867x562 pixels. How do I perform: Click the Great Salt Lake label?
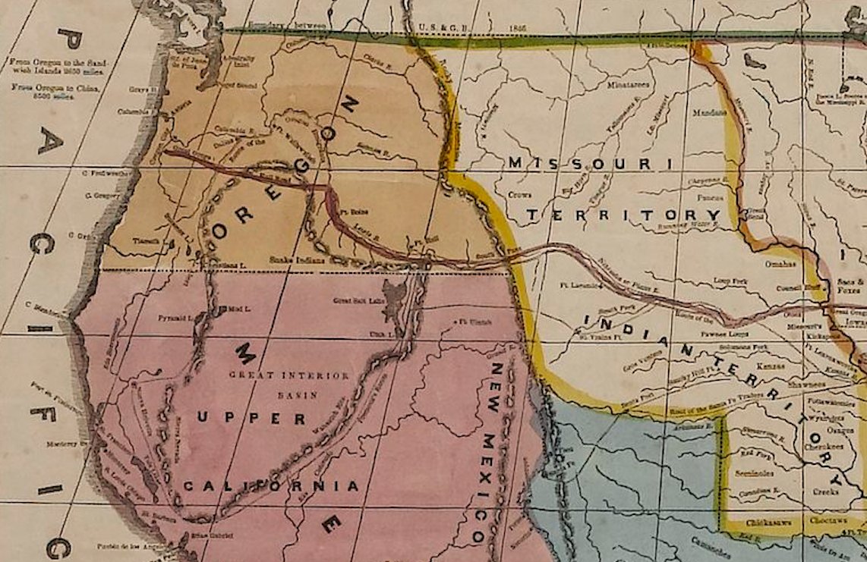(x=355, y=300)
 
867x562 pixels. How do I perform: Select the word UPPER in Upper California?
(x=251, y=419)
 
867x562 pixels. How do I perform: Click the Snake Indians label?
(x=298, y=259)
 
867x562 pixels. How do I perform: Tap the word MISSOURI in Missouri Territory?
(x=590, y=163)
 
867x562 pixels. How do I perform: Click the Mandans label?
(x=710, y=112)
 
